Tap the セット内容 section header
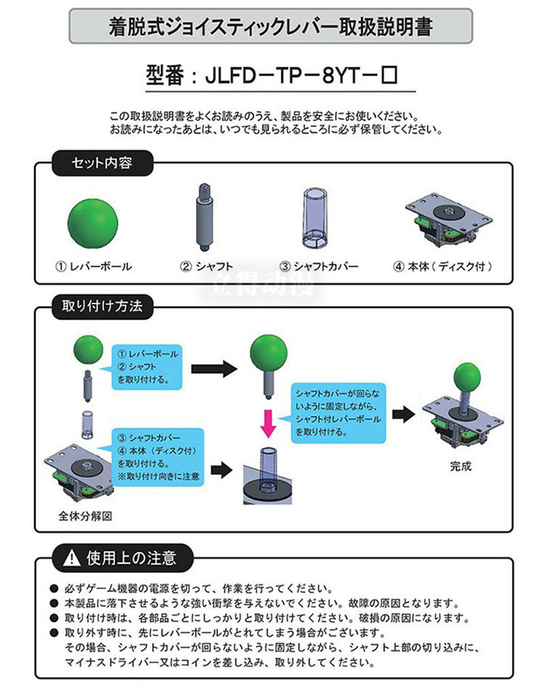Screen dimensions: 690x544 (102, 163)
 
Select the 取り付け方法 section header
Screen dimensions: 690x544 (102, 306)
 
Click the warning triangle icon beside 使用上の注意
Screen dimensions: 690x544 (72, 559)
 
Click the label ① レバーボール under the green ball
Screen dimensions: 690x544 (94, 267)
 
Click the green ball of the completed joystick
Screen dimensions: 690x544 (468, 380)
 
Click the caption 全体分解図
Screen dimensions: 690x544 (85, 516)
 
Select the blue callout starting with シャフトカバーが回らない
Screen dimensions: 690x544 (339, 413)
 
